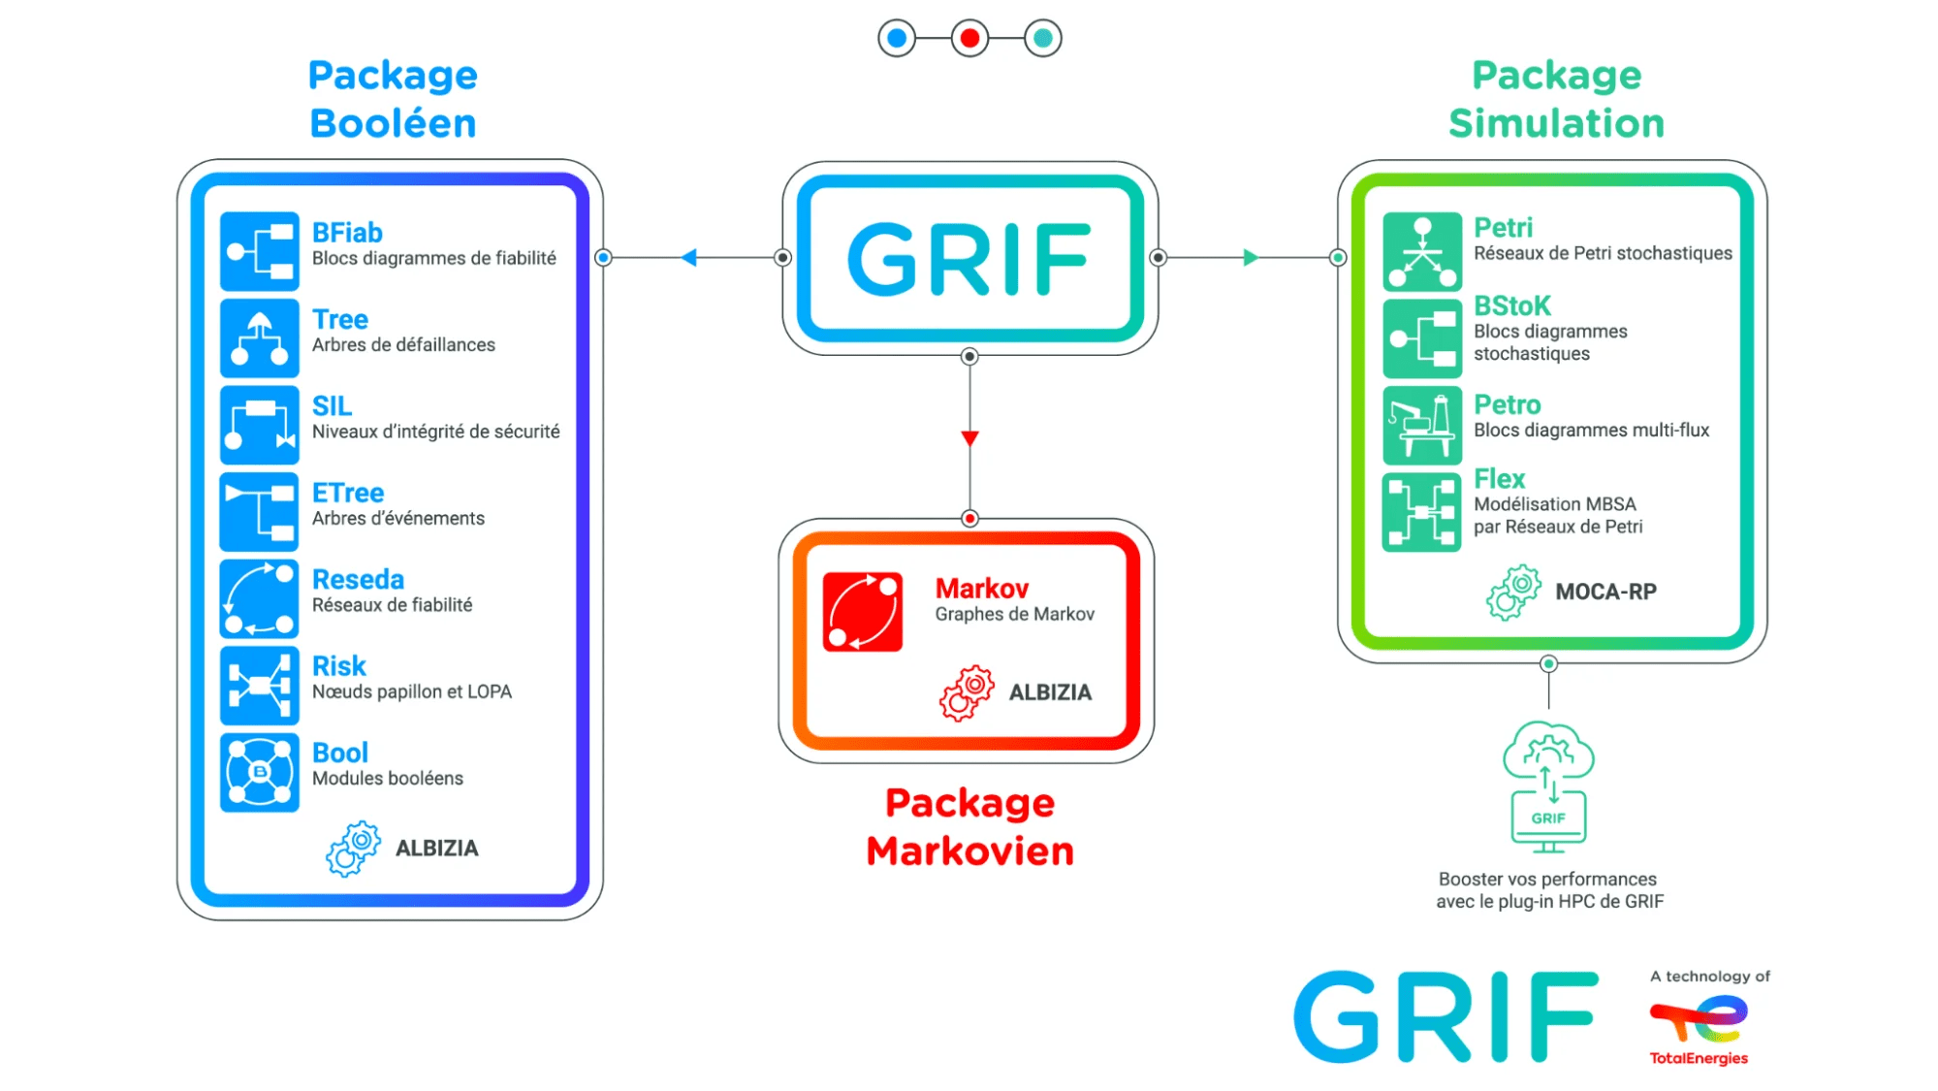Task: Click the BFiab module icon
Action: (x=259, y=251)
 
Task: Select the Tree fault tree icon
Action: (x=259, y=337)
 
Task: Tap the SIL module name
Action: (x=332, y=406)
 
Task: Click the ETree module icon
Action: (x=259, y=511)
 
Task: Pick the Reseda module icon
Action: (x=259, y=598)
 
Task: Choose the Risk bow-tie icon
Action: (x=259, y=685)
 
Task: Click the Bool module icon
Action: (x=259, y=772)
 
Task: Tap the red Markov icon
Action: (x=862, y=611)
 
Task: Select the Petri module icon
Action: (x=1421, y=251)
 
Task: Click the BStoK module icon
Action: (x=1421, y=337)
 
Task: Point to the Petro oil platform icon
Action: (x=1421, y=425)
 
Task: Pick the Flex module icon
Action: (x=1421, y=512)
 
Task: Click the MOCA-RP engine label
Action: (x=1605, y=592)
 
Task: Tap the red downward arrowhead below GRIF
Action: (x=969, y=438)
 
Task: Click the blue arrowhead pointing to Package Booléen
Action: (x=689, y=258)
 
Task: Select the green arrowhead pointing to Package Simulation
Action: (x=1251, y=258)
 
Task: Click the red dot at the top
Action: (x=969, y=39)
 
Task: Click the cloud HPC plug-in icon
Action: (x=1548, y=786)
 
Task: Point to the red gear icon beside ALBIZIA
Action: (x=967, y=692)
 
